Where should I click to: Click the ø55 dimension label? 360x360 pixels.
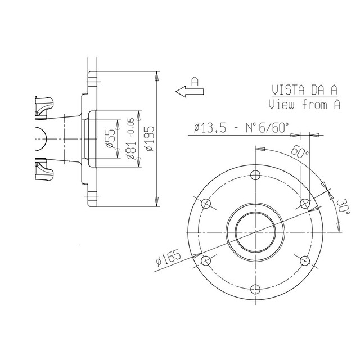tap(111, 138)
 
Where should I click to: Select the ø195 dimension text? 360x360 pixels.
tap(150, 138)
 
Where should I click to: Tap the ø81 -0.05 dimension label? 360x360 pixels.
tap(131, 138)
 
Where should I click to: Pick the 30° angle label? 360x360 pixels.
tap(343, 207)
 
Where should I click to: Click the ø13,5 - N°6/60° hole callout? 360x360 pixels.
tap(241, 128)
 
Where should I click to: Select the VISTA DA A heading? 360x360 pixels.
tap(305, 90)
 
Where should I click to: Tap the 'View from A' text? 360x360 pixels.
tap(304, 105)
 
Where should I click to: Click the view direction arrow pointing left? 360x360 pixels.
tap(190, 92)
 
